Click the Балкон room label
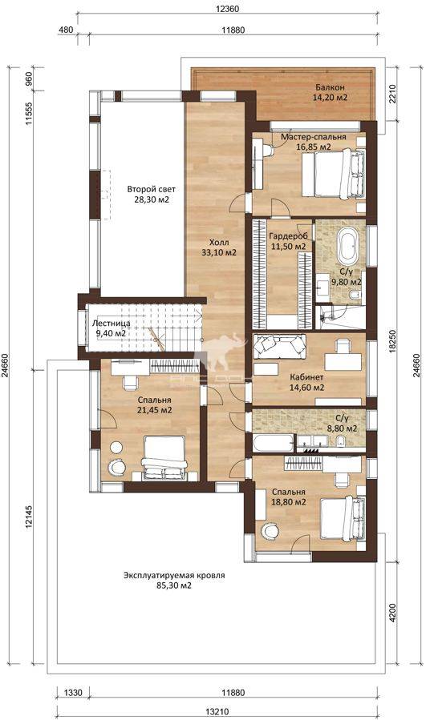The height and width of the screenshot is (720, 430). point(330,87)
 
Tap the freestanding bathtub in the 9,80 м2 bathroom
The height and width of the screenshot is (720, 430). point(348,245)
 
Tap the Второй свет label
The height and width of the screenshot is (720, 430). point(152,189)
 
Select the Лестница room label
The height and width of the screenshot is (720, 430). point(111,324)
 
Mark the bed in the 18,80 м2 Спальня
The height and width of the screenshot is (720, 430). point(343,519)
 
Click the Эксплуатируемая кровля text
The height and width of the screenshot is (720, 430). point(174,576)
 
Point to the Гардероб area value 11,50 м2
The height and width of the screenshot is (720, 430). point(288,247)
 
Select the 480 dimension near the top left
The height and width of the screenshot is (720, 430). point(67,30)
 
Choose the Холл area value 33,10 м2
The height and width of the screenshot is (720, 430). point(219,252)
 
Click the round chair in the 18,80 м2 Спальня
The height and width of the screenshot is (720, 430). point(270,531)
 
